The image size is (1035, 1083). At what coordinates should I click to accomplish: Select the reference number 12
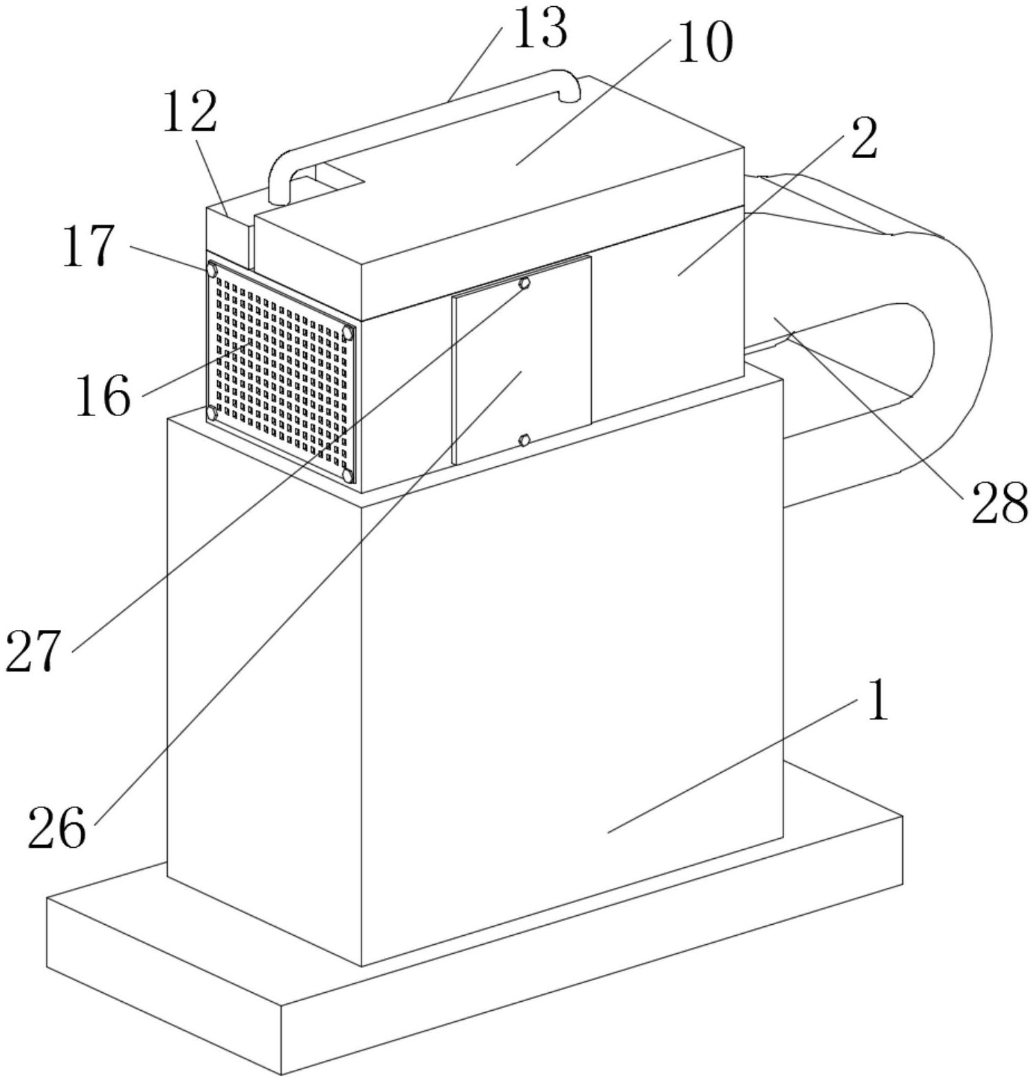[190, 111]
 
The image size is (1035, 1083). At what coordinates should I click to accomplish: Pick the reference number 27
[33, 650]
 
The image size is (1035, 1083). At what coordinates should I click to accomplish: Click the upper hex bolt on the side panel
[524, 283]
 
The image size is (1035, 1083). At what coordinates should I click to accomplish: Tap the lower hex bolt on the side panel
[524, 439]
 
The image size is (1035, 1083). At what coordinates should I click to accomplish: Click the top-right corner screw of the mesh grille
[348, 333]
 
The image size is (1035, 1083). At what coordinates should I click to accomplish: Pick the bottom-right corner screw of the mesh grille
[348, 475]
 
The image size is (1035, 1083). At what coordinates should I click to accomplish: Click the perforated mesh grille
[280, 371]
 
